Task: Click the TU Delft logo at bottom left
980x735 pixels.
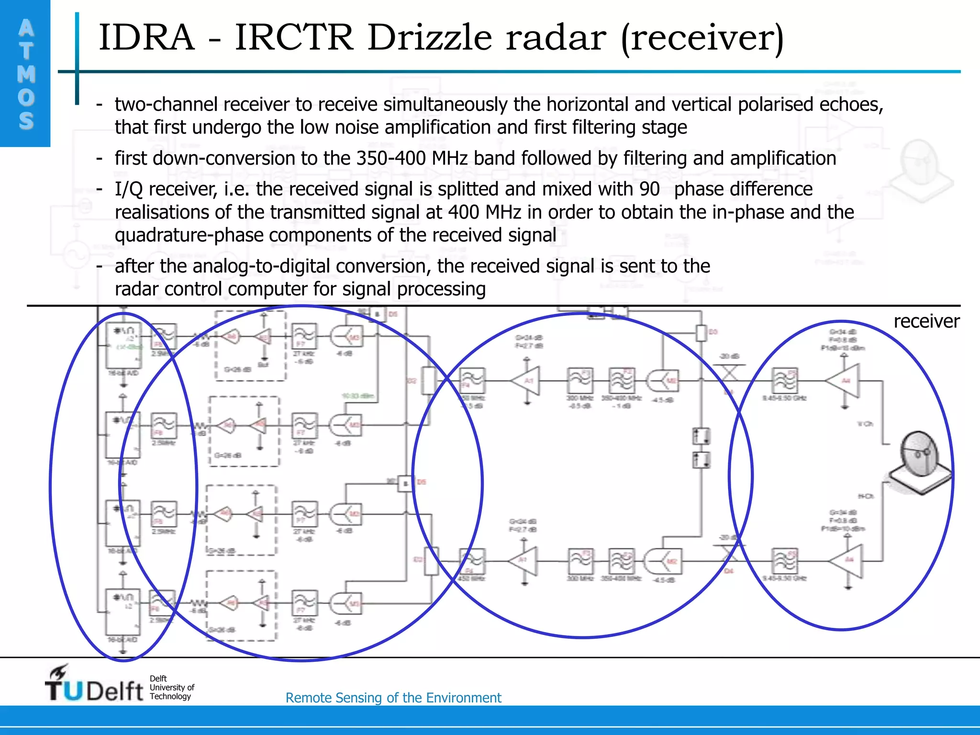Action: pos(94,685)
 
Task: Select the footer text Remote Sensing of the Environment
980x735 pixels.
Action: pos(393,698)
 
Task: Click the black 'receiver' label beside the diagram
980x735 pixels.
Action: pos(926,321)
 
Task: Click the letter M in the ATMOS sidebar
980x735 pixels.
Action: pos(26,74)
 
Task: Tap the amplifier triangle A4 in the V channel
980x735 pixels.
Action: pos(845,380)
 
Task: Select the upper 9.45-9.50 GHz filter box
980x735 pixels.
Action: pos(785,381)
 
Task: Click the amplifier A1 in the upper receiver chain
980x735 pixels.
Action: pos(526,381)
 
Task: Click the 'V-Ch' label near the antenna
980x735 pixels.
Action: pos(865,424)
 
